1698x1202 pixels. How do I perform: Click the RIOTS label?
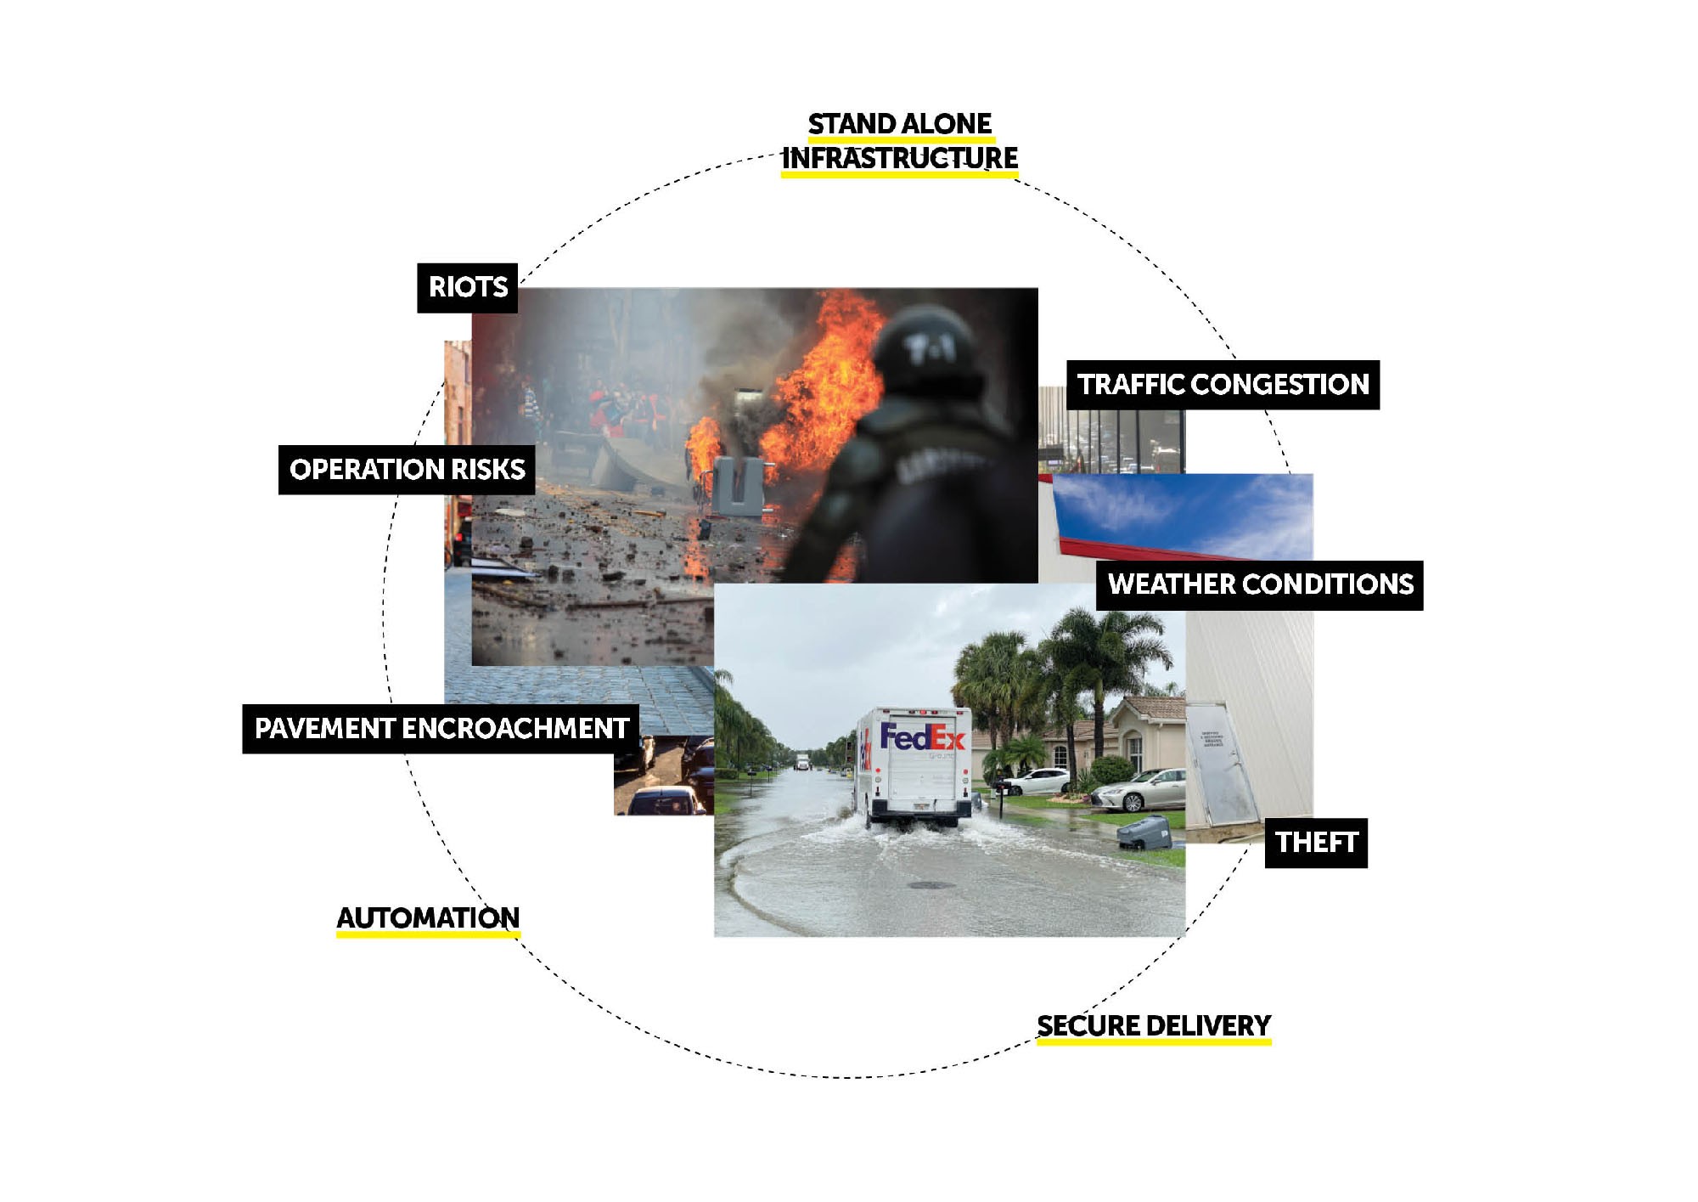467,287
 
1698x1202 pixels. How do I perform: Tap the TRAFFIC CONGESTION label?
1223,385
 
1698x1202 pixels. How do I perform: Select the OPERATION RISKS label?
407,470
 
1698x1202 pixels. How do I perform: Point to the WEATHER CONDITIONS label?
1260,584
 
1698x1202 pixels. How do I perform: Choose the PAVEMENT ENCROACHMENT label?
441,729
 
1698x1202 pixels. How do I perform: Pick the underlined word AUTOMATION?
428,918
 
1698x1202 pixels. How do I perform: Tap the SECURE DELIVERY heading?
1154,1026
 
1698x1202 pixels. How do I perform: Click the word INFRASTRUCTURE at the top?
899,158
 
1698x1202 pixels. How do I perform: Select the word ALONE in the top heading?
950,124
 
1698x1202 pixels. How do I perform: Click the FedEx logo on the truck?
922,736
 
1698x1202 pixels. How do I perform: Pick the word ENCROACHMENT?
514,729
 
